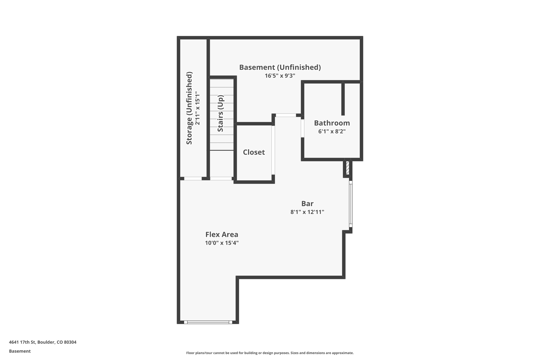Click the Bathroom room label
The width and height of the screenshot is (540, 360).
pos(332,123)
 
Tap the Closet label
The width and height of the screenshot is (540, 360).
pos(254,152)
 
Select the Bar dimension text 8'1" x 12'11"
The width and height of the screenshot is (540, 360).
pos(307,212)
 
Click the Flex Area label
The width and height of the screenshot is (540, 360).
pos(221,234)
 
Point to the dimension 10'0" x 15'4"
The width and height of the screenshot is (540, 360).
pos(221,243)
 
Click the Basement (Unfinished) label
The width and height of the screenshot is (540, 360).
pos(280,67)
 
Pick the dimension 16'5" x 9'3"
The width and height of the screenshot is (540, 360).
pos(280,76)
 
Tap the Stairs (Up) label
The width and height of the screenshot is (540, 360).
pos(220,113)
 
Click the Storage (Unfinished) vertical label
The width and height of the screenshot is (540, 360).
pos(189,108)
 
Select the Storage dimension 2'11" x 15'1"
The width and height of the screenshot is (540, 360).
pos(197,108)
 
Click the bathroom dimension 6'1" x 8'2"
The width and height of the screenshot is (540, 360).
pos(332,131)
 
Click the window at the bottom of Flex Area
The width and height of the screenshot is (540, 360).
pos(208,322)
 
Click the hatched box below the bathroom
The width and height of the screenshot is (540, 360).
pos(348,168)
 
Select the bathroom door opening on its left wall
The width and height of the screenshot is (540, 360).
pos(302,128)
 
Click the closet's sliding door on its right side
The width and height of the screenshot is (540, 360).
pos(273,150)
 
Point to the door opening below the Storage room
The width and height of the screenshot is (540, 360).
pos(193,179)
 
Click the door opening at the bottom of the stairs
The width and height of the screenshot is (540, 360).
pos(221,179)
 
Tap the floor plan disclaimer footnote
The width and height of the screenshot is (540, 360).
pos(270,353)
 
